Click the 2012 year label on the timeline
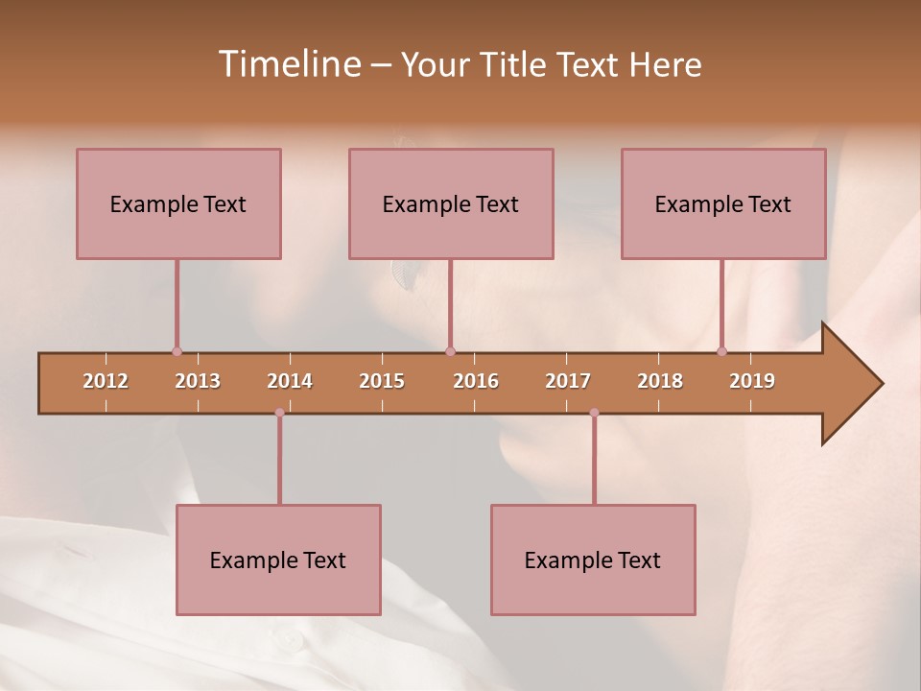pyautogui.click(x=106, y=381)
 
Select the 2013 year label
pyautogui.click(x=198, y=381)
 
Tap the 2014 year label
pyautogui.click(x=290, y=381)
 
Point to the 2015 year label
pyautogui.click(x=382, y=381)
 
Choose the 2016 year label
pyautogui.click(x=476, y=381)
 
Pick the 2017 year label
pyautogui.click(x=568, y=381)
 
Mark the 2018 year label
pyautogui.click(x=660, y=381)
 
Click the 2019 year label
pyautogui.click(x=752, y=381)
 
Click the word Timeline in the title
pyautogui.click(x=289, y=64)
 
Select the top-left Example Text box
pyautogui.click(x=178, y=203)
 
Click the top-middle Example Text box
pyautogui.click(x=451, y=203)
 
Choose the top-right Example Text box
pyautogui.click(x=723, y=203)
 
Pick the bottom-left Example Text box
pyautogui.click(x=278, y=560)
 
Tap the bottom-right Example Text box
pyautogui.click(x=593, y=560)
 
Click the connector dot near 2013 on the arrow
pyautogui.click(x=177, y=351)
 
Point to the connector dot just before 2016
pyautogui.click(x=450, y=351)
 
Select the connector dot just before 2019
pyautogui.click(x=721, y=351)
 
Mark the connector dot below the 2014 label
pyautogui.click(x=279, y=413)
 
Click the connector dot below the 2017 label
pyautogui.click(x=594, y=413)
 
